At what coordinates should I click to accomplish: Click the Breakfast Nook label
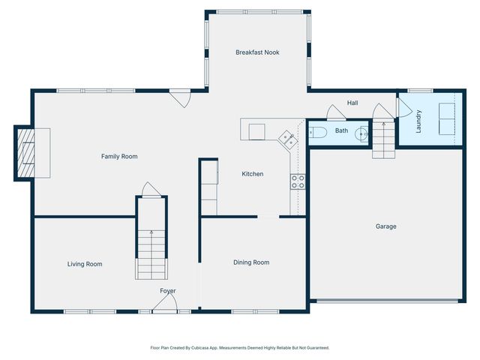257,52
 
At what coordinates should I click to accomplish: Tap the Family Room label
119,156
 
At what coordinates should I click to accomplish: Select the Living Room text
85,264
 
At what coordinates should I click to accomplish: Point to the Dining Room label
251,262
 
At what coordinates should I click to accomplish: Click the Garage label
386,226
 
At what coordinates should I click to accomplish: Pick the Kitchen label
252,174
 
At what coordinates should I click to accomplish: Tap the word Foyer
168,290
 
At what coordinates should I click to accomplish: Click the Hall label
352,103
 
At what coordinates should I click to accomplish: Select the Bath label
341,131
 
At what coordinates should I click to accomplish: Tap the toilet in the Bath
316,132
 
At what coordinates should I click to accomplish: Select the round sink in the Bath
361,133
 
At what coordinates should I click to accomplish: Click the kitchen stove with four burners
298,180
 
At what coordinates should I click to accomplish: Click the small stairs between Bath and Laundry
383,139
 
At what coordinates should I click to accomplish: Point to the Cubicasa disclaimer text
240,348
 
